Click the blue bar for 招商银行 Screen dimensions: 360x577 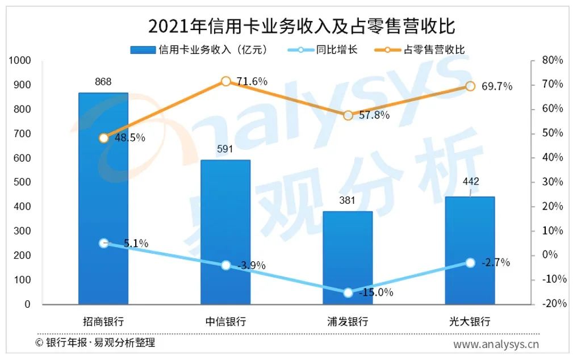(x=103, y=199)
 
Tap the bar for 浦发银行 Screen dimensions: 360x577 (x=348, y=258)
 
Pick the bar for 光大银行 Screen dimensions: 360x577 (x=470, y=250)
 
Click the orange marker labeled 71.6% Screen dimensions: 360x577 (x=225, y=81)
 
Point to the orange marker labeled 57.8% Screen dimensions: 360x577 (x=348, y=115)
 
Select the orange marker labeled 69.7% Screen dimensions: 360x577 (x=470, y=86)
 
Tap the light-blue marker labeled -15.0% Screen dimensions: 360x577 (x=348, y=292)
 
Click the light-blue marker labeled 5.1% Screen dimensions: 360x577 (x=103, y=243)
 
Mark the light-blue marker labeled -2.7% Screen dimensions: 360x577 (x=470, y=262)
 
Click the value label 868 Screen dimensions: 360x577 (x=103, y=82)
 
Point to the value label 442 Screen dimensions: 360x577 (x=471, y=182)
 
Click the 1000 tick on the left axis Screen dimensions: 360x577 (x=19, y=61)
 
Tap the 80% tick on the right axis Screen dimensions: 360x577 (x=553, y=60)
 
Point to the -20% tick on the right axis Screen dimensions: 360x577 (x=554, y=304)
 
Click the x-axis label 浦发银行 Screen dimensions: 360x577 (x=348, y=321)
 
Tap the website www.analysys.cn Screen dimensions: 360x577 (x=496, y=344)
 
